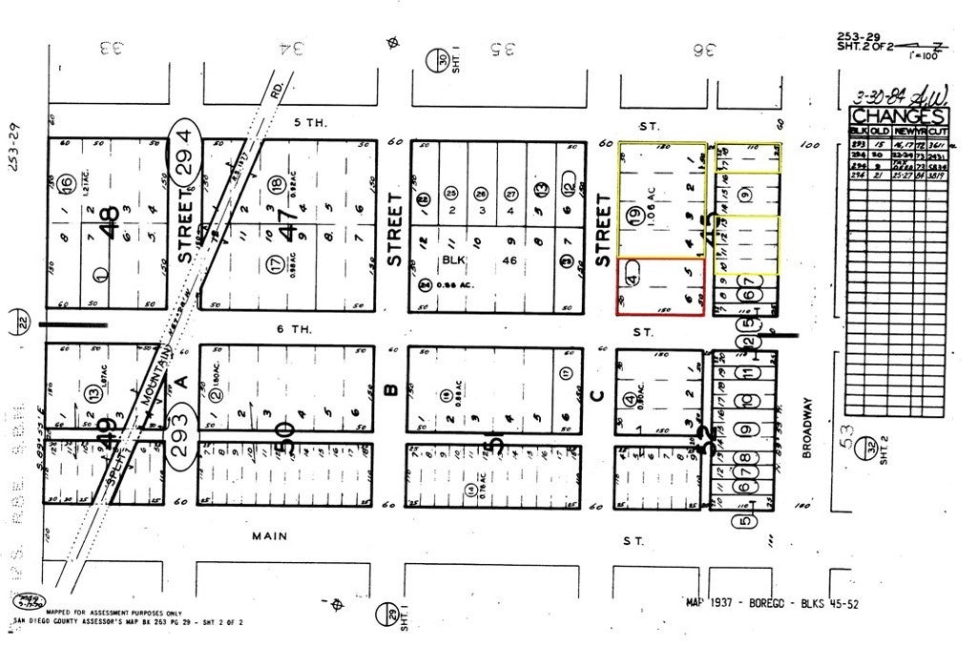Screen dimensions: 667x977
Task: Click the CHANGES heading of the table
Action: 899,115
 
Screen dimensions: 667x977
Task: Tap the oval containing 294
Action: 185,151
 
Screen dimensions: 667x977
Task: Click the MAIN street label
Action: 269,536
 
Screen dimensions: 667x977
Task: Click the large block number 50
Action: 281,431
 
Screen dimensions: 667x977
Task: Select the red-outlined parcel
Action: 661,286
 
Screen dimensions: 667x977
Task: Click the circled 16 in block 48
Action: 65,183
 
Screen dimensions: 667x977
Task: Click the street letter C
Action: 598,394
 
